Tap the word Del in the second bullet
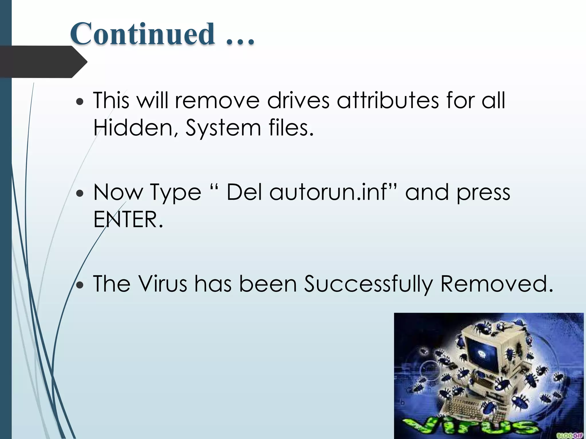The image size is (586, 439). pos(244,192)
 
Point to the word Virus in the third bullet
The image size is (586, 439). pos(163,284)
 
